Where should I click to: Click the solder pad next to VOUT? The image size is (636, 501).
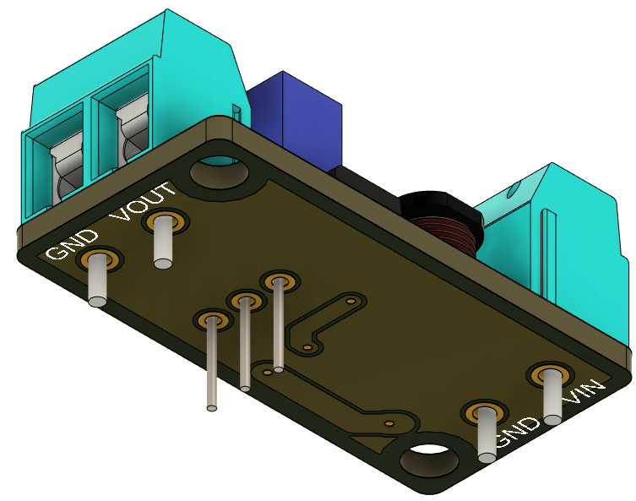tap(166, 223)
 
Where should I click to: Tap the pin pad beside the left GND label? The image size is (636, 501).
tap(99, 259)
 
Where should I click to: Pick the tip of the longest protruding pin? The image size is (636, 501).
tap(212, 408)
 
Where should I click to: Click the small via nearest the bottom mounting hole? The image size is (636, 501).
tap(389, 422)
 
